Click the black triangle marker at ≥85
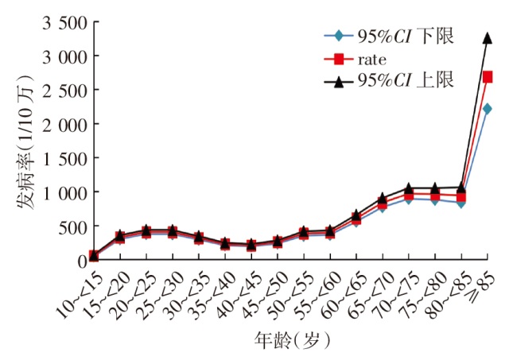point(488,37)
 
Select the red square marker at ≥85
point(488,77)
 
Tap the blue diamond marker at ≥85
point(488,109)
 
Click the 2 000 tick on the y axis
point(60,124)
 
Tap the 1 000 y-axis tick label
point(60,192)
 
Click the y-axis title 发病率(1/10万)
point(25,143)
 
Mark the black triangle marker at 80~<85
point(461,188)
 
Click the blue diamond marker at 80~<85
point(461,203)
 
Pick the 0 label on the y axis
point(81,261)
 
